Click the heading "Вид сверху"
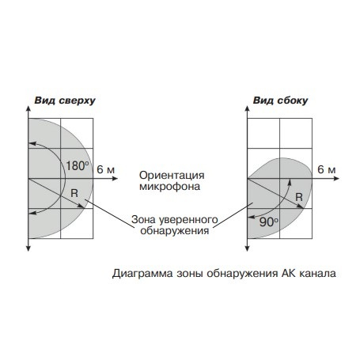(65, 100)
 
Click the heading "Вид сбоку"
(280, 100)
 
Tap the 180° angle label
(77, 166)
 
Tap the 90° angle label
(268, 222)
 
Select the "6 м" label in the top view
(106, 169)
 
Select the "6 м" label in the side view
(327, 169)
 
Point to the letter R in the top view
(74, 193)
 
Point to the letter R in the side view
(299, 197)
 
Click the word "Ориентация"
(172, 176)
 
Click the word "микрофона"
(169, 187)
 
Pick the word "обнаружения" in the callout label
(175, 231)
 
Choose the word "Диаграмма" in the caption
(142, 274)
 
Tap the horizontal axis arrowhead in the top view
(115, 179)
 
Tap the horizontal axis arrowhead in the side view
(336, 179)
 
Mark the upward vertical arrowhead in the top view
(28, 109)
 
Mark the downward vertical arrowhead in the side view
(247, 248)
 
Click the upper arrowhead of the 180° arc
(32, 143)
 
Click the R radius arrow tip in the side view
(301, 207)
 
